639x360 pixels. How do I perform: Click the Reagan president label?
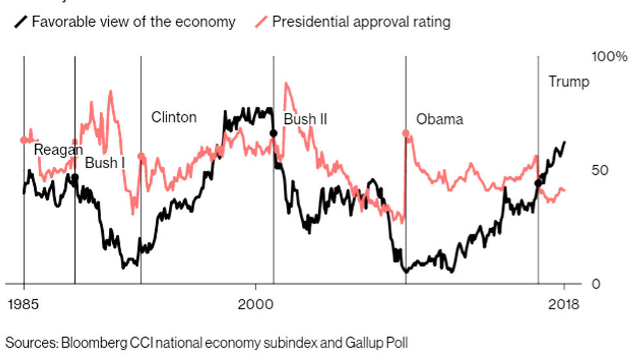point(59,149)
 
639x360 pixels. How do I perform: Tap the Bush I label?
point(105,163)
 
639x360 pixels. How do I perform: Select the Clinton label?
point(173,117)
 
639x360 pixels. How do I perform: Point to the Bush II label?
point(305,119)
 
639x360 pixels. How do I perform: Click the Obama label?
point(439,119)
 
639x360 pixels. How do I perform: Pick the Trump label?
point(568,82)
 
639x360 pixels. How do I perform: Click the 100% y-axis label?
point(608,57)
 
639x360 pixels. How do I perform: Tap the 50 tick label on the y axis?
point(599,170)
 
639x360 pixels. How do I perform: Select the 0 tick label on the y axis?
point(595,284)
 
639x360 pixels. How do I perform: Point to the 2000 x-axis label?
point(255,305)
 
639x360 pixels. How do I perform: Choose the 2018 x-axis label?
point(563,305)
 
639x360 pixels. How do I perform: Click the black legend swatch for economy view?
point(22,22)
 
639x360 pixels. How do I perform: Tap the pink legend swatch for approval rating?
point(261,22)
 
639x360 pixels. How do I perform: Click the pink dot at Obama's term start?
point(406,133)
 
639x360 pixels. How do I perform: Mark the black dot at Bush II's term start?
point(274,133)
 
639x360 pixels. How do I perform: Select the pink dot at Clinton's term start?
point(141,157)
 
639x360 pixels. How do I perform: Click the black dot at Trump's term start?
point(538,183)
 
